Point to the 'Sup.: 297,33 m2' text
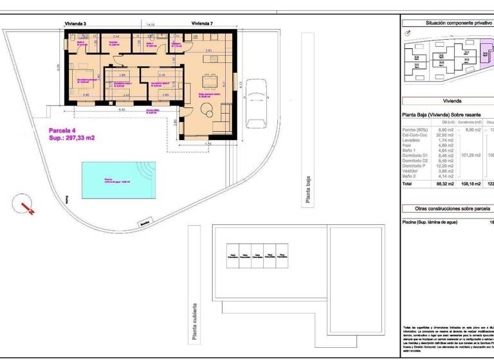[72, 138]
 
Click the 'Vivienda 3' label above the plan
[75, 24]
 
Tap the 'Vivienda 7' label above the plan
[202, 24]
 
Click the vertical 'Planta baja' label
[309, 191]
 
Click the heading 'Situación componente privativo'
[447, 22]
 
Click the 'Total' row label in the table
[407, 183]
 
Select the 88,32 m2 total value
[446, 183]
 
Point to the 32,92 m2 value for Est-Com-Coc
[446, 135]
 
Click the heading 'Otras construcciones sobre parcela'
[447, 208]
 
